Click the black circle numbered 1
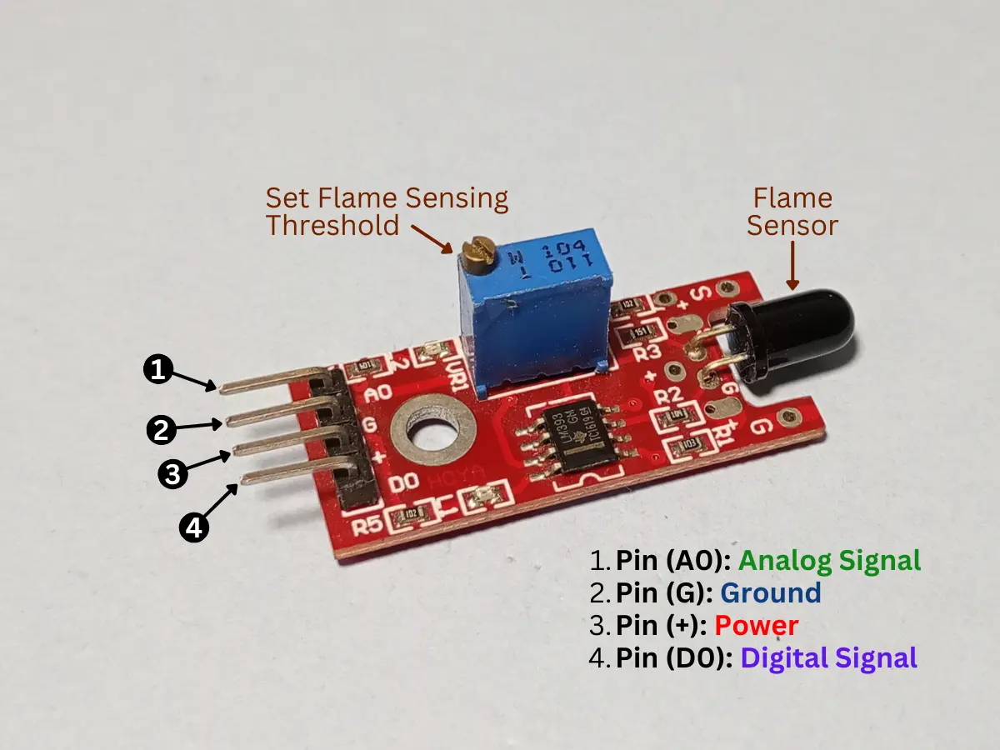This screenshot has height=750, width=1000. (159, 369)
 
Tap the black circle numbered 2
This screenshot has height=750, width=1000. (162, 430)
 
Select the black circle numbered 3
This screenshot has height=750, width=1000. (172, 474)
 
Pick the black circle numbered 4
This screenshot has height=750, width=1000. (194, 527)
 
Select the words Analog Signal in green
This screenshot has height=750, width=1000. (829, 560)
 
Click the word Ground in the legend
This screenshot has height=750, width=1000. (770, 593)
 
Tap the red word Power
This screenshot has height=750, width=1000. (756, 626)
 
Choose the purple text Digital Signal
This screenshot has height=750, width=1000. (828, 658)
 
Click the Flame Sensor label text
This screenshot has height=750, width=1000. (792, 212)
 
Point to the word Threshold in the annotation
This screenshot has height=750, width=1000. (332, 225)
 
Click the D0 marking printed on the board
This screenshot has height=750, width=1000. (404, 483)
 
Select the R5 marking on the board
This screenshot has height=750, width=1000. (367, 526)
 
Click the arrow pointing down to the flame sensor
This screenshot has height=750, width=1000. (792, 268)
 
